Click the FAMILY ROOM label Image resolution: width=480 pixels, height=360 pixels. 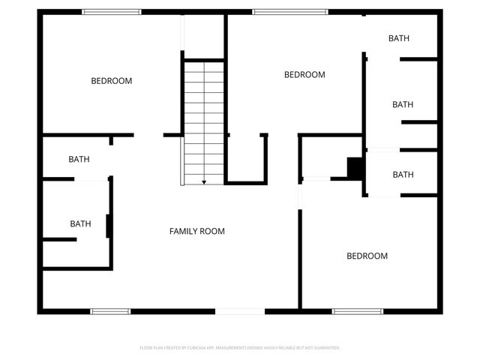(x=196, y=232)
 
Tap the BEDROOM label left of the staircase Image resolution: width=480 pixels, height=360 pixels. (x=112, y=81)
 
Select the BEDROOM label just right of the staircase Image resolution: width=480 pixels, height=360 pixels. (x=304, y=75)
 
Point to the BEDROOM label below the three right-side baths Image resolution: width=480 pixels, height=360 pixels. (x=367, y=256)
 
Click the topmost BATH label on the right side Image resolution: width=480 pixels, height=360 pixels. (x=399, y=38)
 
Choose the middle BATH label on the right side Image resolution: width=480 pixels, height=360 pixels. (x=403, y=105)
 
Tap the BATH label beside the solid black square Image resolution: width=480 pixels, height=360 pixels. (x=403, y=175)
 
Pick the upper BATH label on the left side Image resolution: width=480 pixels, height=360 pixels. (x=79, y=159)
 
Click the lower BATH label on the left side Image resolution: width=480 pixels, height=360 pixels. (x=80, y=223)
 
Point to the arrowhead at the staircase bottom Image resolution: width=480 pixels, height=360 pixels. (x=204, y=181)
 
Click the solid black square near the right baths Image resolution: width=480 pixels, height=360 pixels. (x=355, y=168)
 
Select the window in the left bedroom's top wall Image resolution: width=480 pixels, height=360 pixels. (x=112, y=12)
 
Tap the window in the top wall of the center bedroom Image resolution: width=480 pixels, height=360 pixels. (x=289, y=12)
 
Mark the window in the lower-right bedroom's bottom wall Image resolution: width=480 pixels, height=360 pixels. (x=358, y=311)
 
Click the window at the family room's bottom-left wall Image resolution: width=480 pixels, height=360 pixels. (x=110, y=311)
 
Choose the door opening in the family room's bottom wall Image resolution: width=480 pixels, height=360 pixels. (x=240, y=311)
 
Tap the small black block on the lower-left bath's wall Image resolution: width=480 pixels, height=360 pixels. (x=109, y=226)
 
